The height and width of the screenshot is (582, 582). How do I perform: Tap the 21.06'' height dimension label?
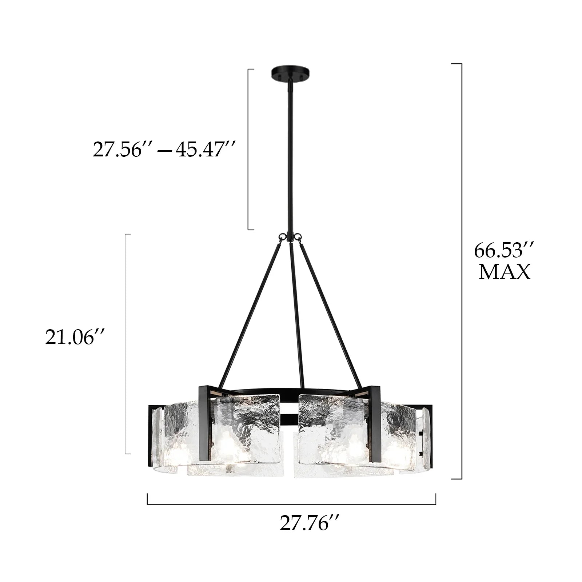click(75, 337)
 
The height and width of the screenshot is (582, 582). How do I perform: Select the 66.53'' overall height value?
click(504, 250)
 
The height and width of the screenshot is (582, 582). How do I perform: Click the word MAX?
click(504, 272)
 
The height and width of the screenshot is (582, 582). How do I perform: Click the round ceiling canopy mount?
click(290, 73)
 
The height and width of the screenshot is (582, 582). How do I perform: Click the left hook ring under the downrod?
click(281, 237)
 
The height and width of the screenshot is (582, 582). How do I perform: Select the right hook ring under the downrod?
click(299, 237)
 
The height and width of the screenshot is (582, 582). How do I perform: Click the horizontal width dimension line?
click(291, 504)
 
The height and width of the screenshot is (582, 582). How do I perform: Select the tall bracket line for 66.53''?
click(462, 271)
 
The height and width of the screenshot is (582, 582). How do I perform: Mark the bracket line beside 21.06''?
click(125, 344)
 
